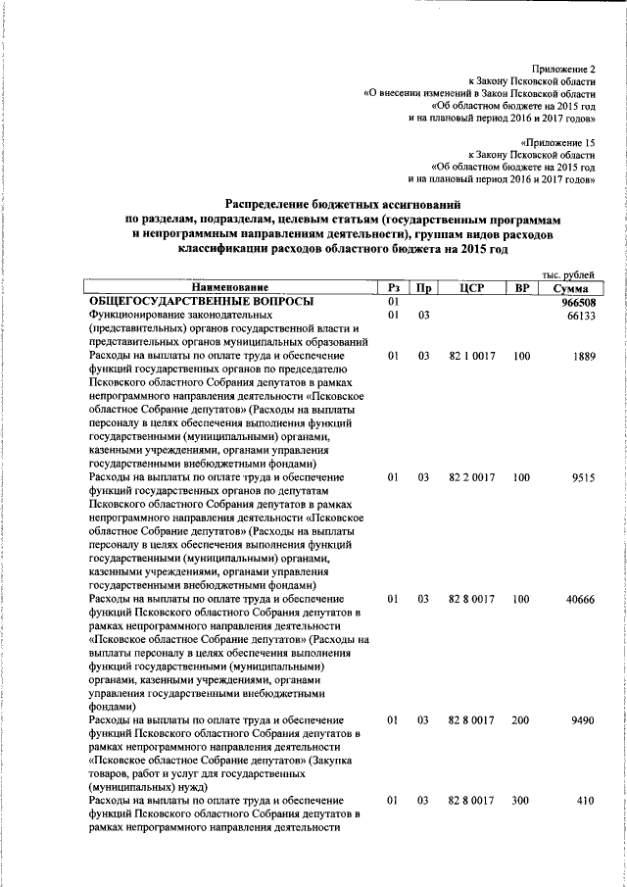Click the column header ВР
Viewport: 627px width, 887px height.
tap(521, 287)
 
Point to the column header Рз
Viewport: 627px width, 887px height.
tap(392, 287)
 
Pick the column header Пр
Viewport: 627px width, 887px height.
tap(423, 287)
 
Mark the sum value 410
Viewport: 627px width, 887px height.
tap(587, 801)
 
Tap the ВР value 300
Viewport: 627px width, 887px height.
tap(521, 801)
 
